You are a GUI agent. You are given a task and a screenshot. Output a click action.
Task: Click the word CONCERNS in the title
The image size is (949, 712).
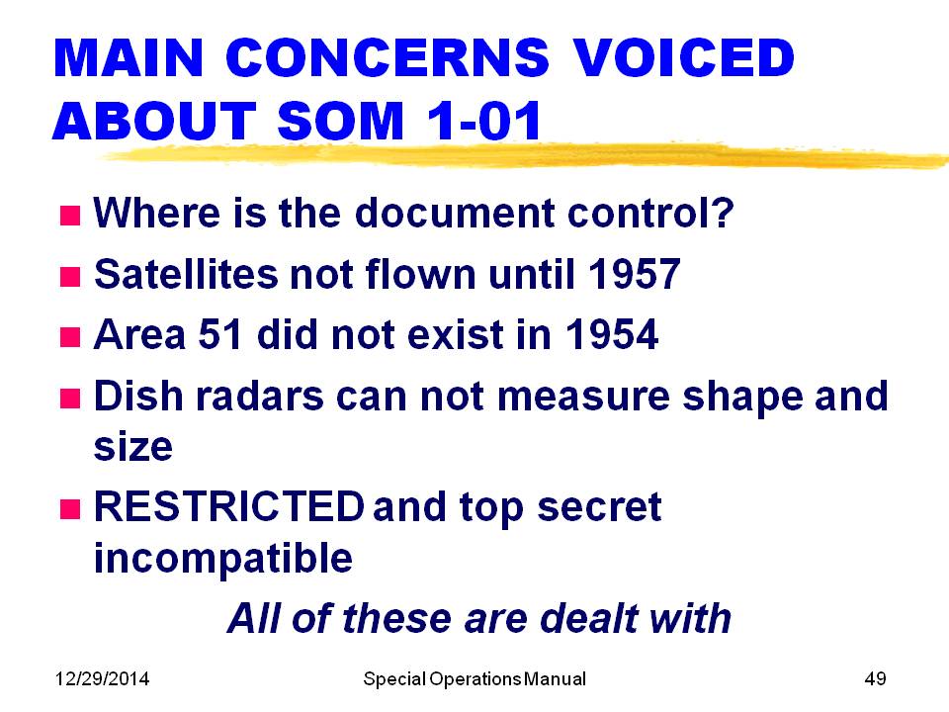pos(388,57)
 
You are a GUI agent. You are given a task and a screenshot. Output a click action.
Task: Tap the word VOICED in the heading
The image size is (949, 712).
pos(683,57)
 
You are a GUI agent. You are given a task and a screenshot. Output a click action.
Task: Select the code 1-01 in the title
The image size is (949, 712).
pos(483,120)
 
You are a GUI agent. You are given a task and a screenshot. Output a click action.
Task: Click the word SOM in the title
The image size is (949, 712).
pos(340,120)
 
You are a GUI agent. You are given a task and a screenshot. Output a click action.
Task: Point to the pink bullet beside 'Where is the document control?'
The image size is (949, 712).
pos(70,215)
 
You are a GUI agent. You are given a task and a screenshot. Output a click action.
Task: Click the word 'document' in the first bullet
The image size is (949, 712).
pos(455,213)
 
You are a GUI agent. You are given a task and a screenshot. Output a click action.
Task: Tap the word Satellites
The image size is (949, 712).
pos(186,274)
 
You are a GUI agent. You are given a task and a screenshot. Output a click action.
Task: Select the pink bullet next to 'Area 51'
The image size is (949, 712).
pos(70,337)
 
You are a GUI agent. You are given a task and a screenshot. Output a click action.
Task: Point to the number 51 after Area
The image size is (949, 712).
pos(220,335)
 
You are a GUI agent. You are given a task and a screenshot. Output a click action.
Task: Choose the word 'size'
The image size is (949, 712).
pos(133,447)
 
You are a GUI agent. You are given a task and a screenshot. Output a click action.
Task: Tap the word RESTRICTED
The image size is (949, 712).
pos(229,506)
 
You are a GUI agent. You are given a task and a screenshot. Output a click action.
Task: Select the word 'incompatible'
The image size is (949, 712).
pos(223,558)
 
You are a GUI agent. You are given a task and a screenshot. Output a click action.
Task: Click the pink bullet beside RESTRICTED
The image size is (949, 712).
pos(70,509)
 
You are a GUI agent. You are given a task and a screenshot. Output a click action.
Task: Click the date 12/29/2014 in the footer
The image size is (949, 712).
pos(102,678)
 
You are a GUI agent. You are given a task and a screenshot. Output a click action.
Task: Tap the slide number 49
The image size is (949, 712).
pos(875,678)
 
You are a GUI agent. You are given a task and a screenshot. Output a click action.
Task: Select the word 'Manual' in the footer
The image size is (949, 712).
pos(555,678)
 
